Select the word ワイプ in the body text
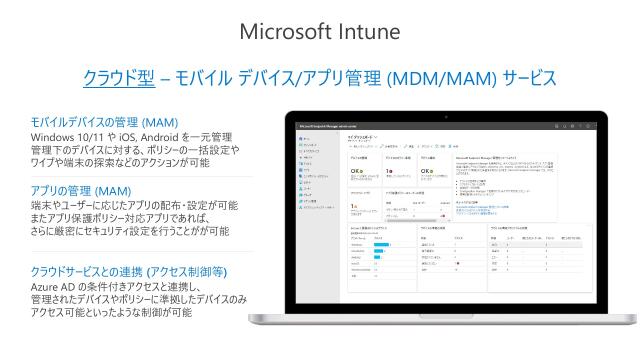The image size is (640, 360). pos(46,163)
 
